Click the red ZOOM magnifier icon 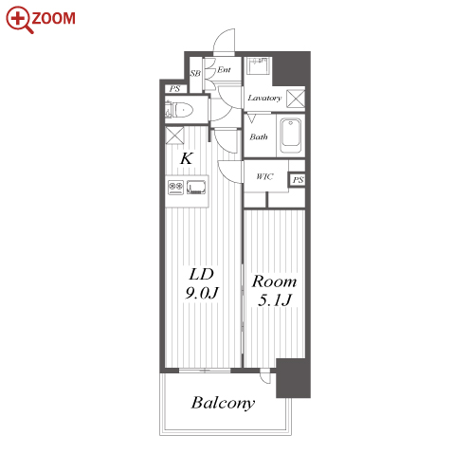pyautogui.click(x=19, y=20)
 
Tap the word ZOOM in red pyautogui.click(x=54, y=18)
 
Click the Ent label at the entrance pyautogui.click(x=224, y=69)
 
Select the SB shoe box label pyautogui.click(x=195, y=73)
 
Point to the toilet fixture pyautogui.click(x=179, y=110)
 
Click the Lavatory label pyautogui.click(x=264, y=98)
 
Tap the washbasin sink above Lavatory pyautogui.click(x=258, y=65)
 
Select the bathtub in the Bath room pyautogui.click(x=291, y=136)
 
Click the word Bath pyautogui.click(x=259, y=136)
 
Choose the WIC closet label pyautogui.click(x=264, y=176)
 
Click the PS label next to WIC pyautogui.click(x=298, y=180)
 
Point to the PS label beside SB pyautogui.click(x=174, y=89)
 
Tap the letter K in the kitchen pyautogui.click(x=187, y=158)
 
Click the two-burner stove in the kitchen pyautogui.click(x=175, y=188)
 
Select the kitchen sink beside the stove pyautogui.click(x=196, y=187)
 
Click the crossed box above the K pyautogui.click(x=174, y=136)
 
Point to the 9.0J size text pyautogui.click(x=201, y=293)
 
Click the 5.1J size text pyautogui.click(x=274, y=299)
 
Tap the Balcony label pyautogui.click(x=223, y=403)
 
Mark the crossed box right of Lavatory pyautogui.click(x=296, y=99)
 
